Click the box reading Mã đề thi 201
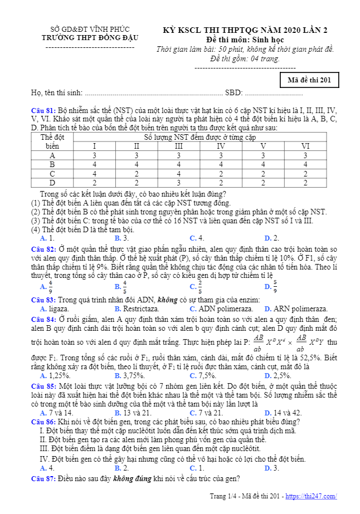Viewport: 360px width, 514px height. [x=309, y=80]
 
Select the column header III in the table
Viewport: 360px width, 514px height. [x=178, y=146]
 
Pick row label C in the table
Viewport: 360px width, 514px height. [x=52, y=173]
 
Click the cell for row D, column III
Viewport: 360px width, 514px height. [x=178, y=182]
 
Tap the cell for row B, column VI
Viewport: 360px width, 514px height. [x=305, y=164]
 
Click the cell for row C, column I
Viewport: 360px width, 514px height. [x=94, y=173]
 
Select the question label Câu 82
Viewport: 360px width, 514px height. [x=43, y=249]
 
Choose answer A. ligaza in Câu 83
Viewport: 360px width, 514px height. [x=55, y=309]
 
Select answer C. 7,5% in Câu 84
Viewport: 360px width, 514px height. [x=204, y=375]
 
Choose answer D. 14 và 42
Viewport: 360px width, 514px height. [x=282, y=413]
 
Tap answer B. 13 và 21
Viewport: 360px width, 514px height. [x=133, y=413]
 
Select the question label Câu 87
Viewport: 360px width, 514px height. [x=43, y=478]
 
